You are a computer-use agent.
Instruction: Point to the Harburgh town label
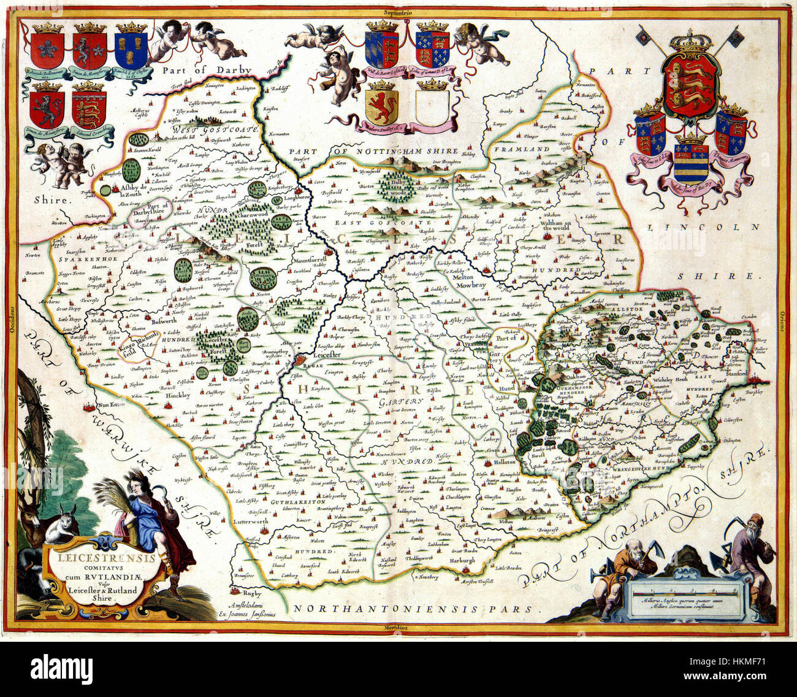click(461, 561)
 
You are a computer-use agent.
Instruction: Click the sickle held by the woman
click(159, 490)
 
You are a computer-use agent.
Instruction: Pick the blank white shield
click(432, 108)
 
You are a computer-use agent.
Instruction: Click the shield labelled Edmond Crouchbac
click(89, 109)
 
